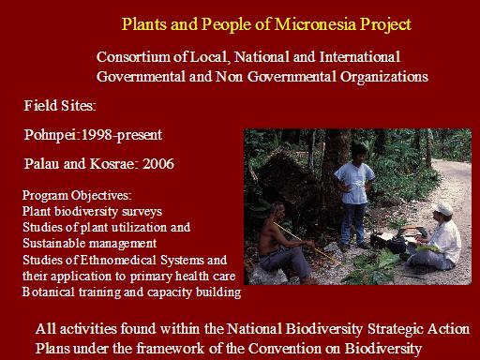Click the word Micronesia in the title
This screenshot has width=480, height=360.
[315, 24]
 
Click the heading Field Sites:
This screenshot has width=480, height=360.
[60, 106]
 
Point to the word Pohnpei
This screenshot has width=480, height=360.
[51, 135]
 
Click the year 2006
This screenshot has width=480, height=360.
[158, 164]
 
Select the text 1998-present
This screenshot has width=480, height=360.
[122, 135]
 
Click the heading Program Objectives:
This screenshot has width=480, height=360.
[77, 196]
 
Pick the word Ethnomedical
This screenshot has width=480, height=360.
[118, 260]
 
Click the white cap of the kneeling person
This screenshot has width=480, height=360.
[443, 208]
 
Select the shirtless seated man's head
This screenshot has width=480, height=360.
[277, 211]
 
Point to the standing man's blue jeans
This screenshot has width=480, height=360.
[353, 223]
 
